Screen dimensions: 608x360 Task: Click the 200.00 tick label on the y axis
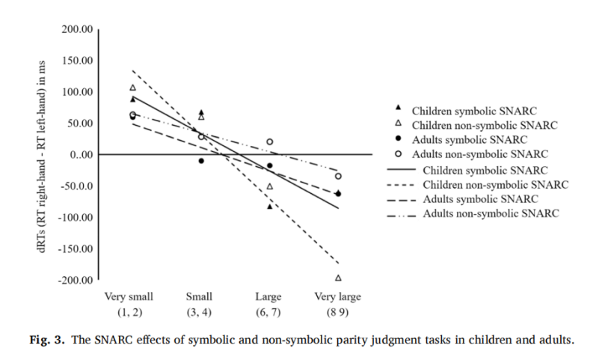(77, 29)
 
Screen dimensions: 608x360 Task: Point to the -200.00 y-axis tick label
(76, 280)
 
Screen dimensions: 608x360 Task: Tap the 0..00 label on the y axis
(82, 155)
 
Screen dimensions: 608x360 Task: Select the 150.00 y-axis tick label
(77, 61)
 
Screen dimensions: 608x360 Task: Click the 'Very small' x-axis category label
(129, 297)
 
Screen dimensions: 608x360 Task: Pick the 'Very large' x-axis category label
(337, 297)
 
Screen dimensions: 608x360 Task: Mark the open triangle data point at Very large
(338, 278)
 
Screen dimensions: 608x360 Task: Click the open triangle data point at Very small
(132, 88)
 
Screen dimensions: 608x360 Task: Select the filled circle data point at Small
(201, 161)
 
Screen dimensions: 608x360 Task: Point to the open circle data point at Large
(269, 141)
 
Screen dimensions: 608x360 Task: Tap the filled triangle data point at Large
(270, 207)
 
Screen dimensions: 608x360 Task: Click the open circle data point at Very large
(338, 176)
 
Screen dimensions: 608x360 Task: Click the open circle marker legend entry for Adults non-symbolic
(398, 154)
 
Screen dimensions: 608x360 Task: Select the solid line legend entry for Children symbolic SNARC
(402, 170)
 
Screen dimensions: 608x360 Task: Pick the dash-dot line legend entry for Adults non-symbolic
(402, 216)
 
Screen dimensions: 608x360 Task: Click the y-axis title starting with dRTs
(42, 157)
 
